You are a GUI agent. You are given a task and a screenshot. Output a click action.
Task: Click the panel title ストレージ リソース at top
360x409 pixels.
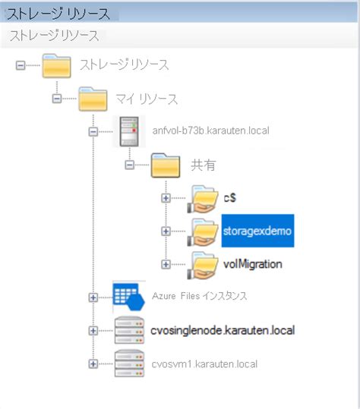tap(58, 14)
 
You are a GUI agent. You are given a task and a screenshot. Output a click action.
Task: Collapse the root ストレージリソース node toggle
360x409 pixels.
tap(22, 65)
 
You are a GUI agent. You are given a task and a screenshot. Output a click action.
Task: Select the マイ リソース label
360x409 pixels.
tap(147, 99)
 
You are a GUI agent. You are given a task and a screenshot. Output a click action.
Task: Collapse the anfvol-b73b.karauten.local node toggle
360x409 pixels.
tap(93, 131)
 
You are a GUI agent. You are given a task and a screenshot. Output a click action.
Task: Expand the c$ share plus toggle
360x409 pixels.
tap(166, 198)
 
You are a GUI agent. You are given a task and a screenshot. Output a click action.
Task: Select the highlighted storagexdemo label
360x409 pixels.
tap(257, 230)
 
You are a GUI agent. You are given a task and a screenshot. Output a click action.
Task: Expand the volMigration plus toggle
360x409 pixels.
tap(166, 264)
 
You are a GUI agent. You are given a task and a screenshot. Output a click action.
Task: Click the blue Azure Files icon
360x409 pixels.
tap(128, 296)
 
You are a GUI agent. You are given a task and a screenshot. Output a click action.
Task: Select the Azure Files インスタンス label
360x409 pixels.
tap(210, 296)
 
